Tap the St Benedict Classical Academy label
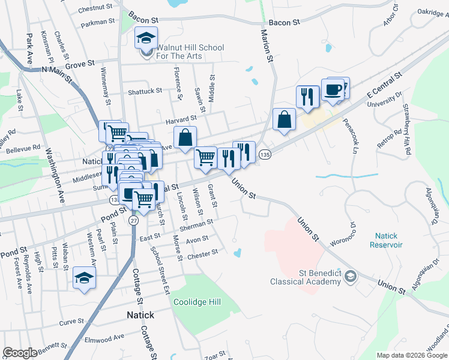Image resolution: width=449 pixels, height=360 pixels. tap(306, 277)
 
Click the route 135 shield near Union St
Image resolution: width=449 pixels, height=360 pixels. tap(265, 155)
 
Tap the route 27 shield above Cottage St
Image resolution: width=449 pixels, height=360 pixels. tap(133, 220)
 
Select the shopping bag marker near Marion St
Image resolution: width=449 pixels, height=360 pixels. tap(284, 119)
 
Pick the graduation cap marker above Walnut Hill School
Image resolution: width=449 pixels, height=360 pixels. tap(146, 38)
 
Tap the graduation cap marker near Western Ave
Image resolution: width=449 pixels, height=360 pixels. tap(85, 278)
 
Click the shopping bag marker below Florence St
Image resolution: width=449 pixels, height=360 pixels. tap(185, 137)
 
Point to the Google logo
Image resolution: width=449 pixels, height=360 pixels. tap(20, 353)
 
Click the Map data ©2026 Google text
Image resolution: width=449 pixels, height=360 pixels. tap(412, 355)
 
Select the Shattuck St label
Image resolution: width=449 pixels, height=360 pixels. tap(145, 91)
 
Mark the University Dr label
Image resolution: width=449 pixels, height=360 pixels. tap(388, 100)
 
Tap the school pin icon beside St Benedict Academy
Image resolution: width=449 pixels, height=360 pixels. tap(351, 277)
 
